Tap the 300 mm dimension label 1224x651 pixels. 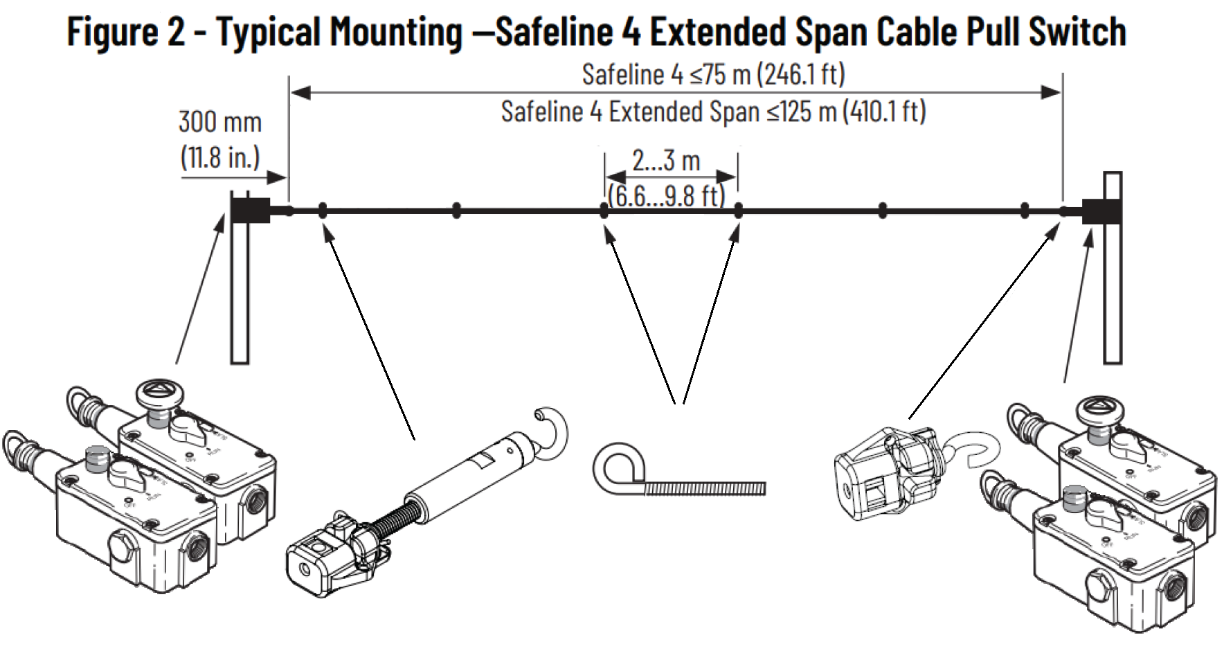220,122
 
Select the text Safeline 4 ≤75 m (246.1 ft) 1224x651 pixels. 713,74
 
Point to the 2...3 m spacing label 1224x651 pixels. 666,161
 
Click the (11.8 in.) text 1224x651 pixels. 220,158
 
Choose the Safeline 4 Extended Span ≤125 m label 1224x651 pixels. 713,112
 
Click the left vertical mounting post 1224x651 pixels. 240,291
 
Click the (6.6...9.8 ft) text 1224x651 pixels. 666,197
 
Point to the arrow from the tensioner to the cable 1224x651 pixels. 370,339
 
